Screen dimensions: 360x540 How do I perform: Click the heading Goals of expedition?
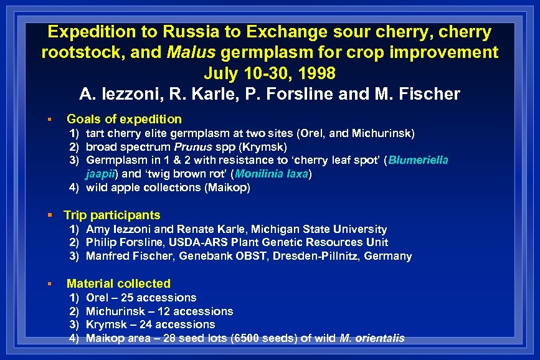coord(124,119)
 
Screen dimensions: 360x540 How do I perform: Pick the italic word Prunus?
coord(192,147)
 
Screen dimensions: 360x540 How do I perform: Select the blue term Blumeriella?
coord(419,161)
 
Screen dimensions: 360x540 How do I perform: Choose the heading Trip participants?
coord(112,215)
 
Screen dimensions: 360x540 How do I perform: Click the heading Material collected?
coord(118,283)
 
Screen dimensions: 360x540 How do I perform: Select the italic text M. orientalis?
coord(372,339)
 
